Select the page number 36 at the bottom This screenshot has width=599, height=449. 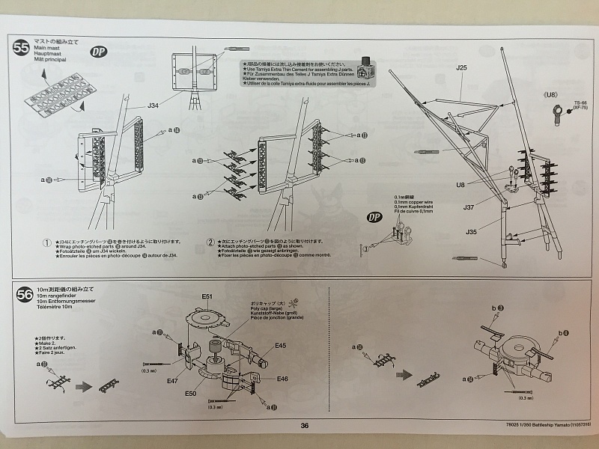pos(304,426)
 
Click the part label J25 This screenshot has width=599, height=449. pos(461,68)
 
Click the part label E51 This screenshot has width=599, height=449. pos(207,297)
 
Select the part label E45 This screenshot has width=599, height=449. pos(280,346)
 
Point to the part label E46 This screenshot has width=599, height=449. pos(282,379)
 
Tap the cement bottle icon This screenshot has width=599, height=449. pos(367,70)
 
